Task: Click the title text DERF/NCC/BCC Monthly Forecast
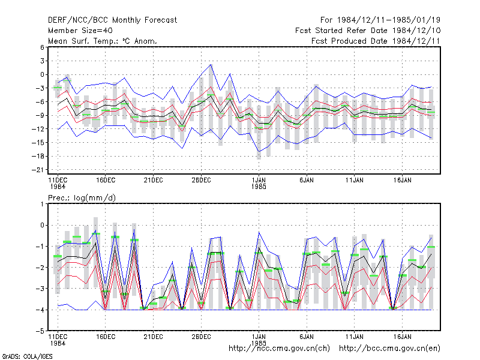click(x=112, y=20)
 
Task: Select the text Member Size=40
click(x=80, y=31)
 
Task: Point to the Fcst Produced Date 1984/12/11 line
click(x=376, y=41)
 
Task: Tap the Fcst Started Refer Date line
click(x=368, y=31)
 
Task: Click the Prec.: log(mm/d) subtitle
click(x=82, y=198)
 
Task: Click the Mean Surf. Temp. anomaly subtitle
click(x=102, y=41)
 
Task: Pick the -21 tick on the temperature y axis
click(x=38, y=170)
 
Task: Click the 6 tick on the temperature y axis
click(x=42, y=47)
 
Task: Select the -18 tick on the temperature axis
click(x=38, y=156)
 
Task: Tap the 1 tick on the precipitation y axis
click(x=42, y=204)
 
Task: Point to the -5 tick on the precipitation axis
click(x=40, y=331)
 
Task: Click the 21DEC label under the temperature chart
click(x=154, y=181)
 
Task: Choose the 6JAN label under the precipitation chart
click(x=307, y=337)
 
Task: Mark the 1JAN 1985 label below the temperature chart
click(x=259, y=184)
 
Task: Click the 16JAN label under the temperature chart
click(x=402, y=181)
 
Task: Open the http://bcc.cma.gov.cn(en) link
click(x=389, y=349)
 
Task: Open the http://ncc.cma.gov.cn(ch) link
click(x=279, y=349)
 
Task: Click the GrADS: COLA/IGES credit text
click(x=27, y=356)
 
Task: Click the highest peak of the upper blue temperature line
click(x=211, y=65)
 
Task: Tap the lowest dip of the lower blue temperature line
click(x=259, y=152)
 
